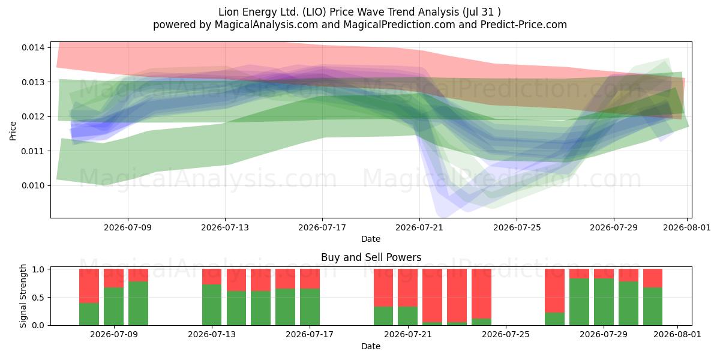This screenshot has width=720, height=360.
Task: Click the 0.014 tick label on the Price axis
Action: click(x=33, y=47)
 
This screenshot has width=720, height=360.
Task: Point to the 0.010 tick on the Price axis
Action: click(x=33, y=185)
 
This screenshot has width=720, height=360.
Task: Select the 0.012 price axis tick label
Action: click(x=33, y=116)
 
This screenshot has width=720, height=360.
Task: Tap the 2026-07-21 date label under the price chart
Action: click(x=419, y=227)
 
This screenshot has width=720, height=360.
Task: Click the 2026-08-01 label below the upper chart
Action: click(x=687, y=227)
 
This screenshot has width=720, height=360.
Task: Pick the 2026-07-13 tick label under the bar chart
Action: click(x=211, y=334)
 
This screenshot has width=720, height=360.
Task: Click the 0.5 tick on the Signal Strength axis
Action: click(x=38, y=298)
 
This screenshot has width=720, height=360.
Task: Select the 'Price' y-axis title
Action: click(x=13, y=131)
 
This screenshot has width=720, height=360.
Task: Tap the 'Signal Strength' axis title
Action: click(x=23, y=296)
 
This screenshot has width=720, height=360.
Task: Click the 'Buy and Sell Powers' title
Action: click(x=371, y=257)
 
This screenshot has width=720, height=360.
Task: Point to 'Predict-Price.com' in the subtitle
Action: click(x=524, y=25)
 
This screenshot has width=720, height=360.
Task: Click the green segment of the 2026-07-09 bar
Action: click(x=114, y=307)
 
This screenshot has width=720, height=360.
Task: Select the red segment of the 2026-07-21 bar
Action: click(x=407, y=287)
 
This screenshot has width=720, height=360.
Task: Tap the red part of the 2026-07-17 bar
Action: click(x=310, y=278)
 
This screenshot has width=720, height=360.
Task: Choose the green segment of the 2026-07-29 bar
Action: click(x=604, y=302)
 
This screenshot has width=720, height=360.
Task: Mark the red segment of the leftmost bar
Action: click(x=89, y=286)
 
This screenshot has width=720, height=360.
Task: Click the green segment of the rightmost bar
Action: click(x=653, y=307)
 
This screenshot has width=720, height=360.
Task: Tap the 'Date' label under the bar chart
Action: click(x=371, y=346)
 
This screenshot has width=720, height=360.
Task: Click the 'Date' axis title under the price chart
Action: click(x=371, y=239)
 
